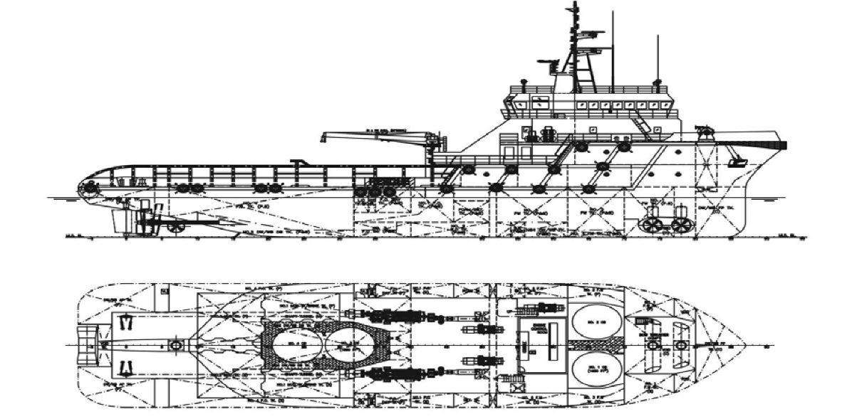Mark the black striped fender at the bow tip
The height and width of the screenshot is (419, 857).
click(x=781, y=144)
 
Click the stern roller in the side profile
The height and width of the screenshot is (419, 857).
click(x=90, y=189)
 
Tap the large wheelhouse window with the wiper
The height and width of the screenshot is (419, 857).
click(x=540, y=102)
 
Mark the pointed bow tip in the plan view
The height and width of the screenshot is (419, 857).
click(x=745, y=346)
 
